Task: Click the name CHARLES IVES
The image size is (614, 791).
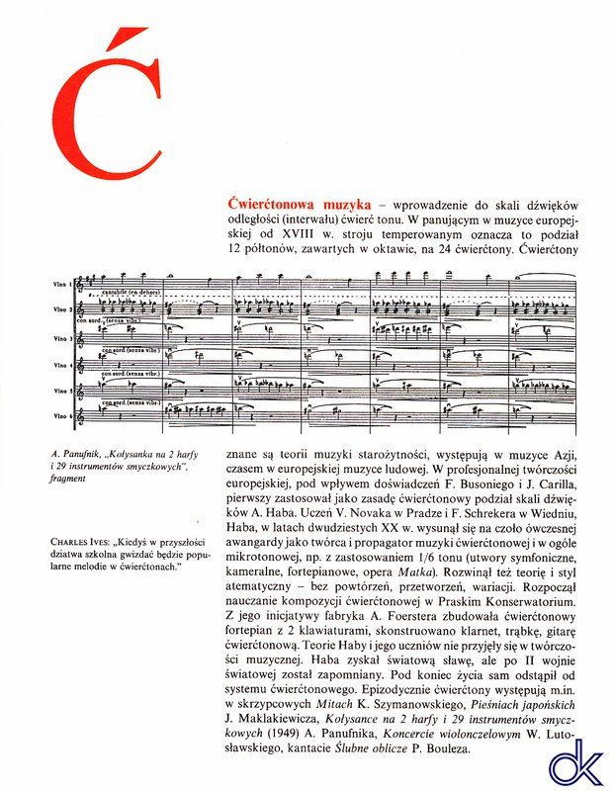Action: coord(78,541)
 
